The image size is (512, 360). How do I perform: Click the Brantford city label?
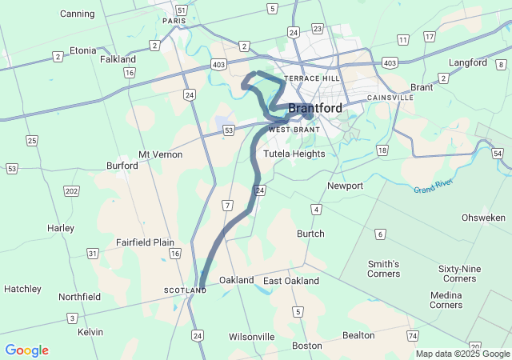click(315, 108)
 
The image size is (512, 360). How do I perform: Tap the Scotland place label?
click(185, 290)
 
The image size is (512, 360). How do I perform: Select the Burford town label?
click(122, 166)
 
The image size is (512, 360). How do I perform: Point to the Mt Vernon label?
click(160, 154)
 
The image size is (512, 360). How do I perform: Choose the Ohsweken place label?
click(483, 218)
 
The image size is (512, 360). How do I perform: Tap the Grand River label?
click(434, 190)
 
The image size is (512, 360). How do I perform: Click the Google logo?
click(26, 350)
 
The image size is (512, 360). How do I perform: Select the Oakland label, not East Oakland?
click(236, 281)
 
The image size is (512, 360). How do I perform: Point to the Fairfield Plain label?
click(145, 242)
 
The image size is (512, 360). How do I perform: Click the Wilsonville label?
click(251, 337)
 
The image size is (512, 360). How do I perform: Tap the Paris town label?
click(174, 22)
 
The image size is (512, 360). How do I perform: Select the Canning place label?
click(77, 14)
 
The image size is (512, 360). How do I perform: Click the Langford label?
click(468, 62)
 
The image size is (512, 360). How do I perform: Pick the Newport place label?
click(345, 186)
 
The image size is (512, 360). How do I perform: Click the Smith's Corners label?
click(383, 269)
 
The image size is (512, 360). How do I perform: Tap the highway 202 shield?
click(72, 191)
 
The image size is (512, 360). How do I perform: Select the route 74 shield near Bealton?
click(412, 334)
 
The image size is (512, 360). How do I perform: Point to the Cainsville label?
click(390, 98)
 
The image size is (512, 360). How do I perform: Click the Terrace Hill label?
click(312, 79)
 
